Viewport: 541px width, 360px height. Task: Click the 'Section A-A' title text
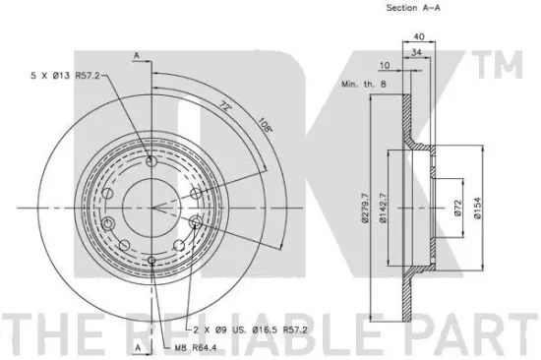(413, 8)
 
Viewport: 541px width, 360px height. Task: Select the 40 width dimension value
(419, 36)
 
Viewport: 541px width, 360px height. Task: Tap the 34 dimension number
(417, 52)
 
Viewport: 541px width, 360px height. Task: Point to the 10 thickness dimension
(384, 65)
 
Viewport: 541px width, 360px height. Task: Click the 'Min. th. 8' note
(364, 84)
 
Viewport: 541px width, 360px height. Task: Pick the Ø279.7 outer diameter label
(365, 208)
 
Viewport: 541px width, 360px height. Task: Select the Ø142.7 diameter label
(383, 208)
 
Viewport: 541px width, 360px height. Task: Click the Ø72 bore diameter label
(457, 208)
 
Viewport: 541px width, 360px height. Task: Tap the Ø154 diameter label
(477, 208)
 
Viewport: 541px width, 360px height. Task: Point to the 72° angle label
(225, 106)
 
